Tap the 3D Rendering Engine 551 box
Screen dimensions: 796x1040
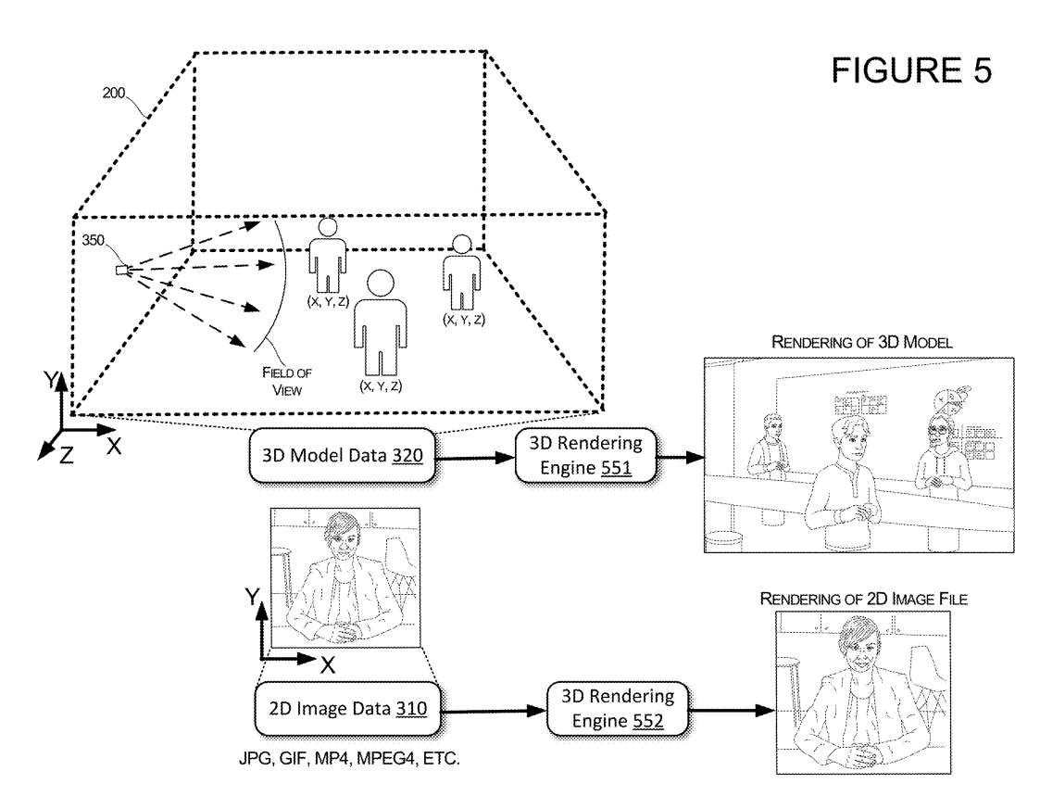click(579, 456)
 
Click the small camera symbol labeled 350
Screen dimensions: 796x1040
click(121, 270)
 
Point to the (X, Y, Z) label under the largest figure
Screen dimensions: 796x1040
click(383, 384)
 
